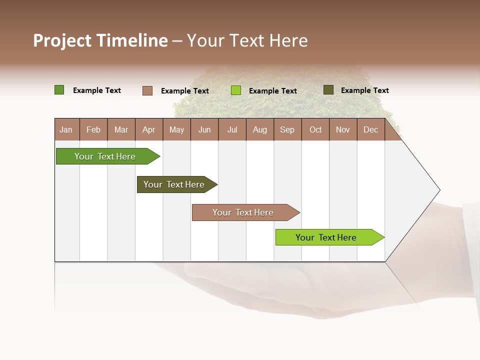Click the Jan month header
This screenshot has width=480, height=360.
[x=66, y=129]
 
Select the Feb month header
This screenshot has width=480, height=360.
[x=93, y=129]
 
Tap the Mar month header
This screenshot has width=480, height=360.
[x=121, y=129]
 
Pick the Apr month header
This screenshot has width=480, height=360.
[x=148, y=129]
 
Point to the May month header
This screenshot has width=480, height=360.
[x=176, y=129]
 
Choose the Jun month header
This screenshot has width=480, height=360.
[x=204, y=129]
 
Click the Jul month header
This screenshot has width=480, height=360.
[x=232, y=129]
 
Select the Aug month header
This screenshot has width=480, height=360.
[x=260, y=129]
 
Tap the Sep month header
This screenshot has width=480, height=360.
[x=287, y=129]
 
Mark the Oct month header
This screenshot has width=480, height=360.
[x=315, y=129]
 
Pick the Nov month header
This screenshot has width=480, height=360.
[x=343, y=129]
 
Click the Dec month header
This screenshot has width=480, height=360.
[x=370, y=129]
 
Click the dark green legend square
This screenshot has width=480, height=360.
[x=59, y=90]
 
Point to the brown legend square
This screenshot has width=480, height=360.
[x=147, y=90]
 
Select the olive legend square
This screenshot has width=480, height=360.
[x=328, y=90]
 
